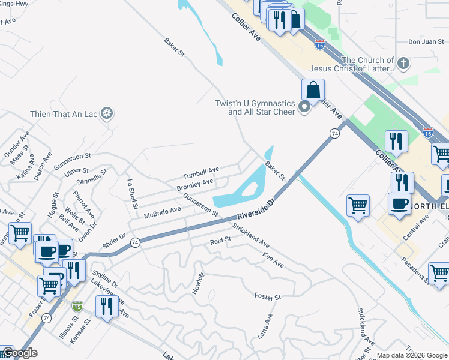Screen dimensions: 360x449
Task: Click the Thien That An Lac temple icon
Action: click(x=107, y=113)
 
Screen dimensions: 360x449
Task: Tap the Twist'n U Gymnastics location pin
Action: click(x=304, y=107)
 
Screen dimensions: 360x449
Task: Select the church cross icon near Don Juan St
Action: click(x=403, y=63)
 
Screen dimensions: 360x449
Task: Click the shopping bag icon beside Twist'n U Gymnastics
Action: click(x=313, y=91)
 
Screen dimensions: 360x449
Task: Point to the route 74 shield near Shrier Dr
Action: click(x=135, y=242)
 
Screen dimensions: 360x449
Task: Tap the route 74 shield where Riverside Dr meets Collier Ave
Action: click(x=334, y=133)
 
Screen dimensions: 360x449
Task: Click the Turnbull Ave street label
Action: click(x=201, y=173)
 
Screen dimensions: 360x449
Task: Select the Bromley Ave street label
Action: click(x=195, y=185)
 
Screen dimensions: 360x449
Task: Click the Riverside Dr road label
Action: click(x=255, y=209)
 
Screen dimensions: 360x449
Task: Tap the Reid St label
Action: click(x=220, y=241)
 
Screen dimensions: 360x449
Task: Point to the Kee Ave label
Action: click(x=273, y=260)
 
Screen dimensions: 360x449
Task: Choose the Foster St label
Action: click(x=268, y=297)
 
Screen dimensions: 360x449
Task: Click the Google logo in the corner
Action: click(x=20, y=353)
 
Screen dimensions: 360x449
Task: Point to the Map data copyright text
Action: click(x=412, y=355)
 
